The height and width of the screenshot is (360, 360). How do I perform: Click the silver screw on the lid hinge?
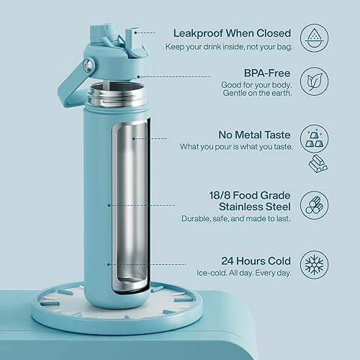pyautogui.click(x=88, y=65)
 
